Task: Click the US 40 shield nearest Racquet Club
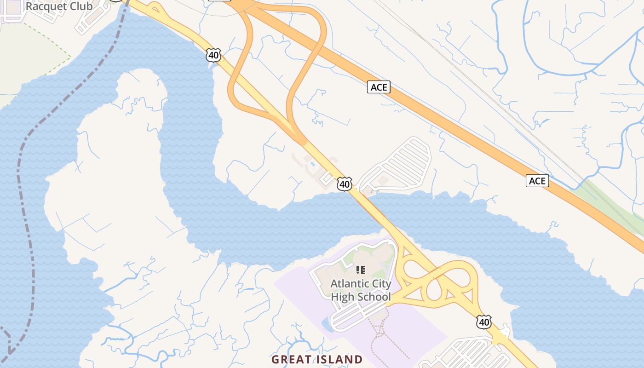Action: pyautogui.click(x=213, y=55)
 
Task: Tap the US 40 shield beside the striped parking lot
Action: pyautogui.click(x=344, y=184)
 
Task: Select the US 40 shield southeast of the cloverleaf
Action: pyautogui.click(x=483, y=322)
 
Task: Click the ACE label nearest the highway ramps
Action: pyautogui.click(x=379, y=87)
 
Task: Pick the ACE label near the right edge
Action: pyautogui.click(x=537, y=181)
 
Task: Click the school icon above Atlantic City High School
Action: pyautogui.click(x=361, y=270)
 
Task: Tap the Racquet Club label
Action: pyautogui.click(x=59, y=6)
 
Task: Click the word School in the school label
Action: pyautogui.click(x=374, y=297)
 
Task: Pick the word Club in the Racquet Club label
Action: pyautogui.click(x=80, y=6)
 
